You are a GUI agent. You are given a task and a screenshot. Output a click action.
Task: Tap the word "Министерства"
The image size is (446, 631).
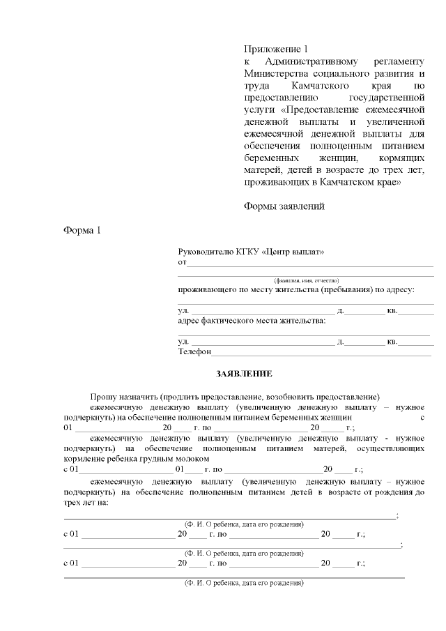click(x=278, y=73)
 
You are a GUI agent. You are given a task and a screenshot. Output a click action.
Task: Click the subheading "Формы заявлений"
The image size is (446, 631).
click(x=284, y=206)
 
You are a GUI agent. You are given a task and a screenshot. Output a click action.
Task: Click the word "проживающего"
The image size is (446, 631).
click(x=208, y=289)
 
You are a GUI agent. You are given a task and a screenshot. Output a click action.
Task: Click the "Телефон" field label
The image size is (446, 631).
click(x=194, y=352)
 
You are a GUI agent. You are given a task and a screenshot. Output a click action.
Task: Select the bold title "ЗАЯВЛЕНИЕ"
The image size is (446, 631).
click(x=244, y=374)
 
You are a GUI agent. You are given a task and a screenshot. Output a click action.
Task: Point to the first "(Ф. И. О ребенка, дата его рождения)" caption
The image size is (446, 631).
click(x=243, y=523)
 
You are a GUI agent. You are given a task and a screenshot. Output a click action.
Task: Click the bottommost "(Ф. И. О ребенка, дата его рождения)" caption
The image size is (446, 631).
click(x=243, y=581)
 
